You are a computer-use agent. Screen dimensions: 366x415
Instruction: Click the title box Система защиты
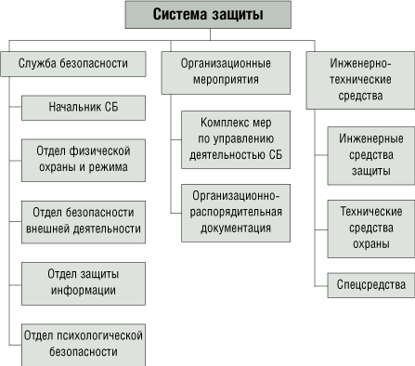207,15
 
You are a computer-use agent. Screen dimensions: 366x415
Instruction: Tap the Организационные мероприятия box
225,72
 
